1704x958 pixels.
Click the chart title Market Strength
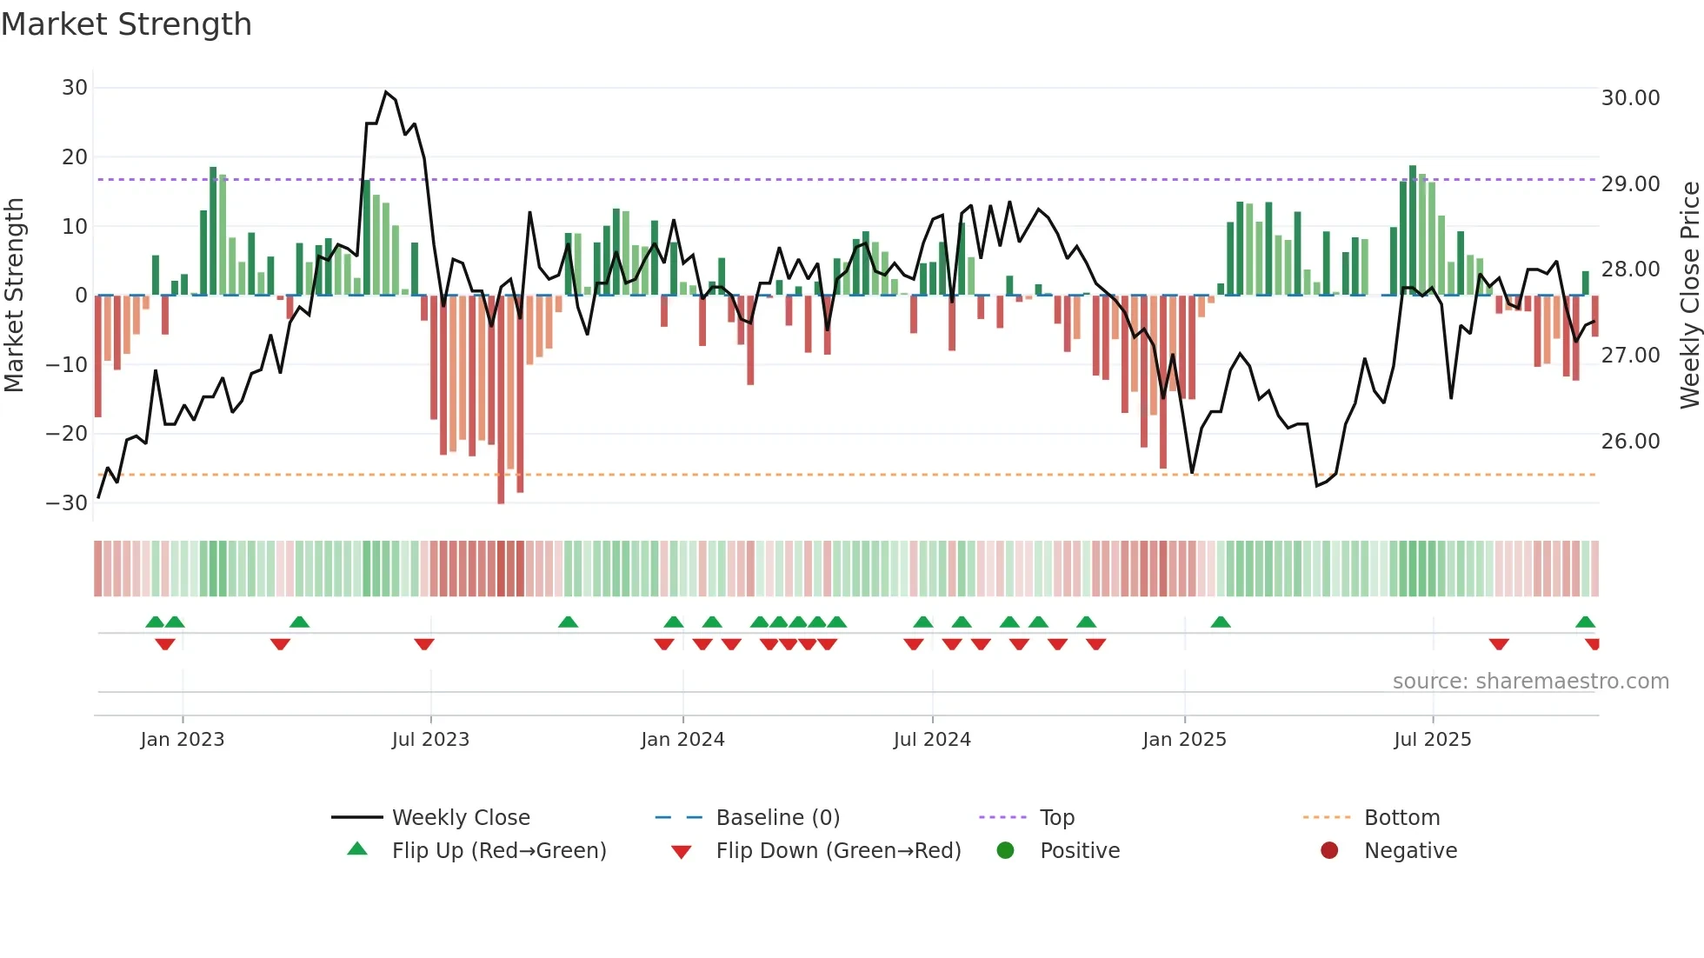(126, 24)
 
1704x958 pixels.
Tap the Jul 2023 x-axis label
(430, 740)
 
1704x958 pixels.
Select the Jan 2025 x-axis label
(1184, 740)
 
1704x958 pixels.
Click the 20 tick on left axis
(75, 157)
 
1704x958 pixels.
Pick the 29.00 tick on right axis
(1630, 184)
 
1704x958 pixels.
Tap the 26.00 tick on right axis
(1630, 442)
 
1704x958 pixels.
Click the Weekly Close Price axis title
(1689, 296)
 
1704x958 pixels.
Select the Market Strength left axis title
(15, 296)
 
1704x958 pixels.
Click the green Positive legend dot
(1006, 851)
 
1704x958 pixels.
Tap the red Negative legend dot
(1329, 851)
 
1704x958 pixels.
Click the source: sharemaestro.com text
(1530, 682)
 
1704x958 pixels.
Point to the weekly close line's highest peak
(386, 92)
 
